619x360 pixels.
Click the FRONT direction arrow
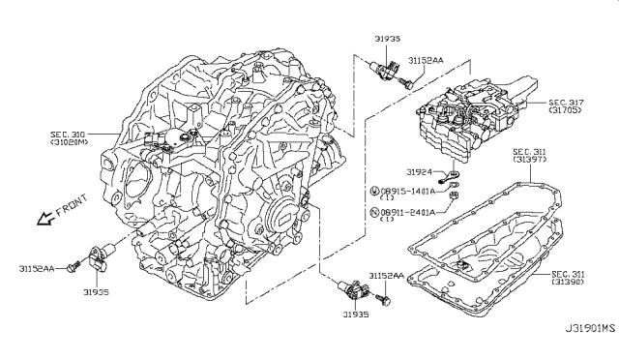coord(44,218)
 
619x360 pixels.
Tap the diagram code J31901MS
coord(590,328)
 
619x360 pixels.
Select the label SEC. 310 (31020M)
coord(70,138)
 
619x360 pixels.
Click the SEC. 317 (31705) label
coord(565,105)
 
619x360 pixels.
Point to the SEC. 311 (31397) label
coord(530,155)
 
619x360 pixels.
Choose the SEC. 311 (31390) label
coord(568,278)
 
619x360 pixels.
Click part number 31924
coord(419,172)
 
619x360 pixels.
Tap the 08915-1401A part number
coord(408,192)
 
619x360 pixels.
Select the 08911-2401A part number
coord(408,212)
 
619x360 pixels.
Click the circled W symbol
coord(374,192)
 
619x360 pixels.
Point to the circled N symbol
coord(374,212)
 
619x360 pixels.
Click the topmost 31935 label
coord(388,39)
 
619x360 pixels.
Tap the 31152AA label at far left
coord(37,269)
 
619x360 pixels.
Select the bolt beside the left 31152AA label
coord(74,266)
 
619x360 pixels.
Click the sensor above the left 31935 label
coord(101,256)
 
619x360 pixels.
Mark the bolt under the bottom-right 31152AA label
coord(383,299)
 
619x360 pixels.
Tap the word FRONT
coord(72,205)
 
